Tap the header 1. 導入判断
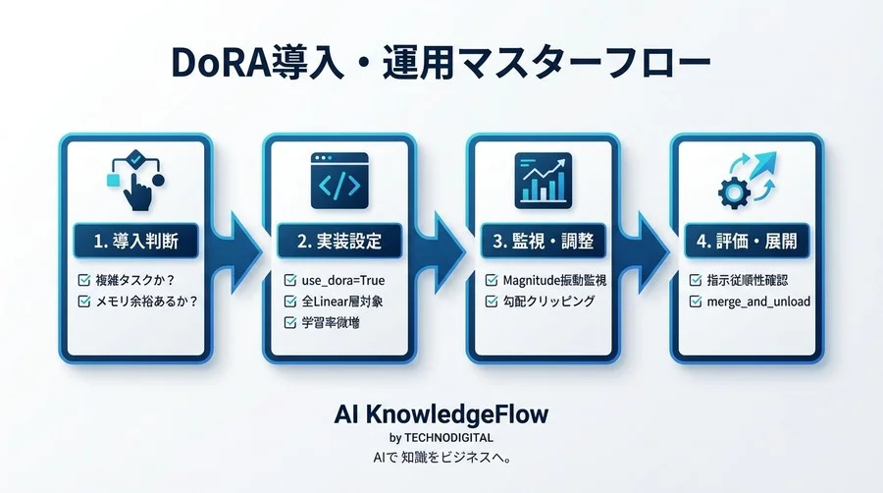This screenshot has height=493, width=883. point(136,239)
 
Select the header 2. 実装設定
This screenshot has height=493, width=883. point(339,239)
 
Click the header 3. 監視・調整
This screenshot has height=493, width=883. point(544,239)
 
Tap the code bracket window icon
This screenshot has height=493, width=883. point(339,179)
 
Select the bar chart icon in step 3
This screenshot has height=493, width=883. point(543,179)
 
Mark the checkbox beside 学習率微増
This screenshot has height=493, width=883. point(289,322)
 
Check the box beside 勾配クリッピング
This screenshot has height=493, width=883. point(493,301)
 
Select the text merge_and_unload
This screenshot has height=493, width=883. point(758,301)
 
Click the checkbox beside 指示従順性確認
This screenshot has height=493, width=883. point(696,281)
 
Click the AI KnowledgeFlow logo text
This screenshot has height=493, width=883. point(441,413)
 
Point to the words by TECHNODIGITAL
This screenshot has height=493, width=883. point(441,437)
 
